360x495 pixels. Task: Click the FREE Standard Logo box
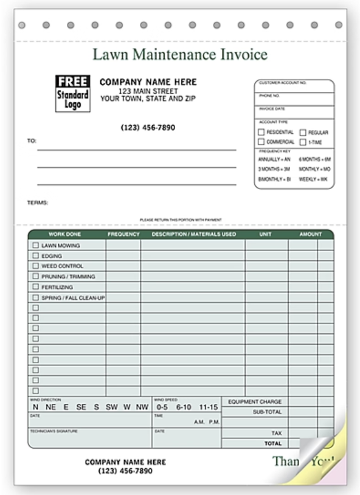pyautogui.click(x=73, y=92)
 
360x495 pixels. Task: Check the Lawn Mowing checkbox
pyautogui.click(x=35, y=246)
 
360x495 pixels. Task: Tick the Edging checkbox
pyautogui.click(x=35, y=256)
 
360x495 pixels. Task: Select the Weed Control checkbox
pyautogui.click(x=35, y=266)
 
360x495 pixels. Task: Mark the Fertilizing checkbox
pyautogui.click(x=35, y=286)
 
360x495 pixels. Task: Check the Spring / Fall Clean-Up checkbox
pyautogui.click(x=35, y=297)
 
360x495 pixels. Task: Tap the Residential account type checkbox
pyautogui.click(x=261, y=132)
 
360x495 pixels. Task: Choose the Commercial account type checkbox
pyautogui.click(x=261, y=142)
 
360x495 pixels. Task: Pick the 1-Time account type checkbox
pyautogui.click(x=302, y=142)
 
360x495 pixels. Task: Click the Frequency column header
pyautogui.click(x=123, y=234)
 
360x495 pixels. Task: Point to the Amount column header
pyautogui.click(x=310, y=234)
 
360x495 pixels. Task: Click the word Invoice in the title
pyautogui.click(x=243, y=55)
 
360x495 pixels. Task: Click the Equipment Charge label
pyautogui.click(x=254, y=402)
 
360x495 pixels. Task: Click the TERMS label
pyautogui.click(x=38, y=202)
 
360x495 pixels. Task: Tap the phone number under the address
pyautogui.click(x=148, y=128)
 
